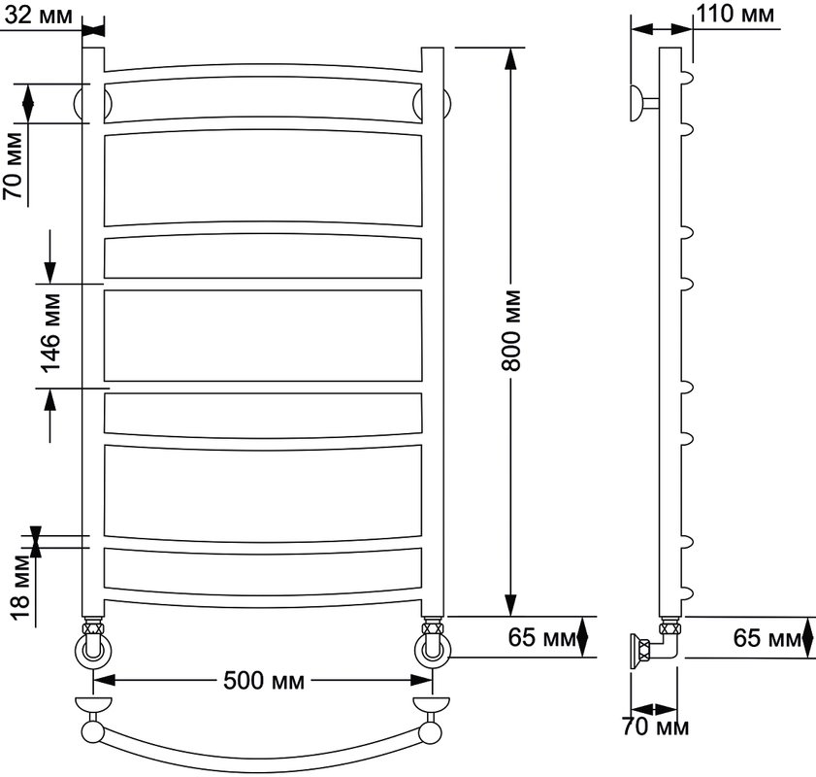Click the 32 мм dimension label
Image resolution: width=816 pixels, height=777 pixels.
(39, 16)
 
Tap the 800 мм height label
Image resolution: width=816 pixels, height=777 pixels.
(511, 330)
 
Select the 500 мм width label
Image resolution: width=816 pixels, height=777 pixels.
(264, 680)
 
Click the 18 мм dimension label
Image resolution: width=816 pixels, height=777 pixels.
(19, 587)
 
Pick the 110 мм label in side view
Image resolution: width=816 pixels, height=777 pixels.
(735, 14)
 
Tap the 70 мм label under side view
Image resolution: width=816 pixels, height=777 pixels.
(656, 727)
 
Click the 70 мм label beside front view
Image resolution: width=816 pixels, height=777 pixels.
(14, 166)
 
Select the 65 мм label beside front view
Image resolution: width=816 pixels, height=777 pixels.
(541, 637)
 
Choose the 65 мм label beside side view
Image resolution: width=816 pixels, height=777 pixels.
(767, 637)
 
